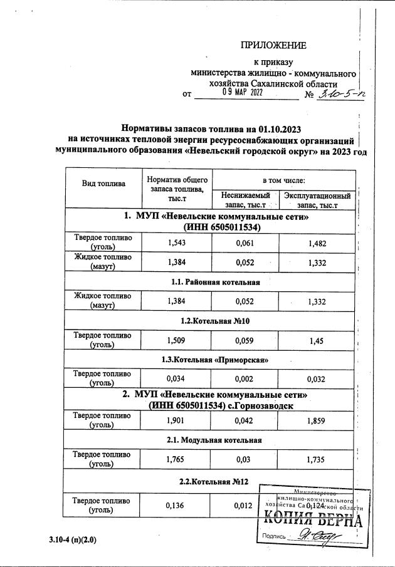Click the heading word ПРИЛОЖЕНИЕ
tap(274, 45)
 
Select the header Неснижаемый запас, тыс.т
tap(242, 200)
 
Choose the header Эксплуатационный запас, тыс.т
tap(317, 200)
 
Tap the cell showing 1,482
tap(317, 242)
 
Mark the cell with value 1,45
tap(317, 340)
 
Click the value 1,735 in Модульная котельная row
tap(317, 459)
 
